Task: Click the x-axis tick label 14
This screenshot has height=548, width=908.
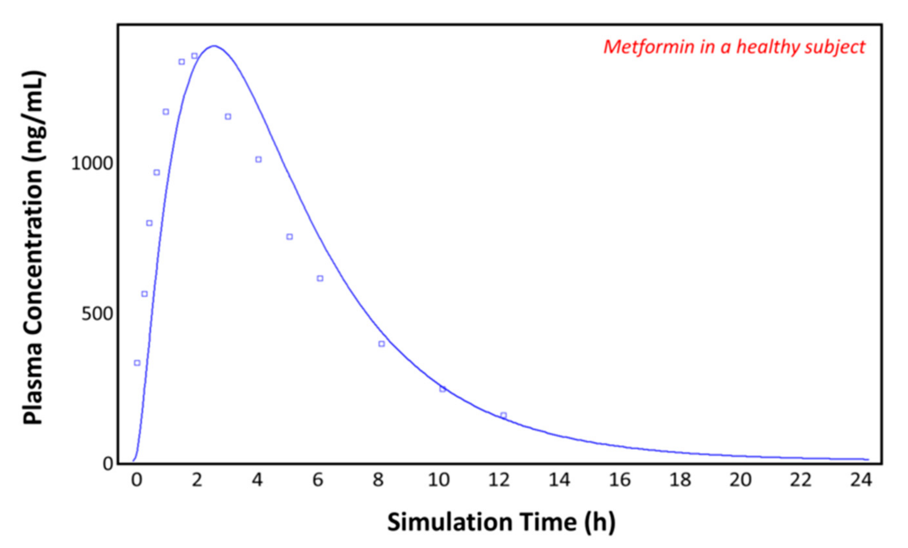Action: (x=559, y=480)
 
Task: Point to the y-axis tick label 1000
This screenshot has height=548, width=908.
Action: (x=92, y=164)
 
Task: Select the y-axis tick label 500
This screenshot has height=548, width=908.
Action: (x=97, y=314)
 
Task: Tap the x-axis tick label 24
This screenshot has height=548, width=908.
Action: (x=861, y=480)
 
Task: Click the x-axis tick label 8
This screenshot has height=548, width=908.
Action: (x=379, y=480)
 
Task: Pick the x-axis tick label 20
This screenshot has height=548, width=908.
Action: (x=740, y=480)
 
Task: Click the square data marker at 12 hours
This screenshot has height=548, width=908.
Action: (x=504, y=416)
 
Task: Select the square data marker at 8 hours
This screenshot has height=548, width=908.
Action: (x=382, y=344)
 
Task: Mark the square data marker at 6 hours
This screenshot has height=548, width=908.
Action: (x=320, y=279)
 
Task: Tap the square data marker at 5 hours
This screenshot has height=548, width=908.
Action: (x=290, y=237)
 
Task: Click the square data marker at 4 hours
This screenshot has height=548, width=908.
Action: (x=259, y=160)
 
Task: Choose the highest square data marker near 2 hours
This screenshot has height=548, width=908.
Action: (x=194, y=56)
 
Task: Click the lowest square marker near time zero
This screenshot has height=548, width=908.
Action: (x=137, y=363)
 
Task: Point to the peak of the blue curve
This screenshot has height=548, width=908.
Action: (x=214, y=46)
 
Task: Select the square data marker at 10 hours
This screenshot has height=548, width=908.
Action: (x=443, y=389)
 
